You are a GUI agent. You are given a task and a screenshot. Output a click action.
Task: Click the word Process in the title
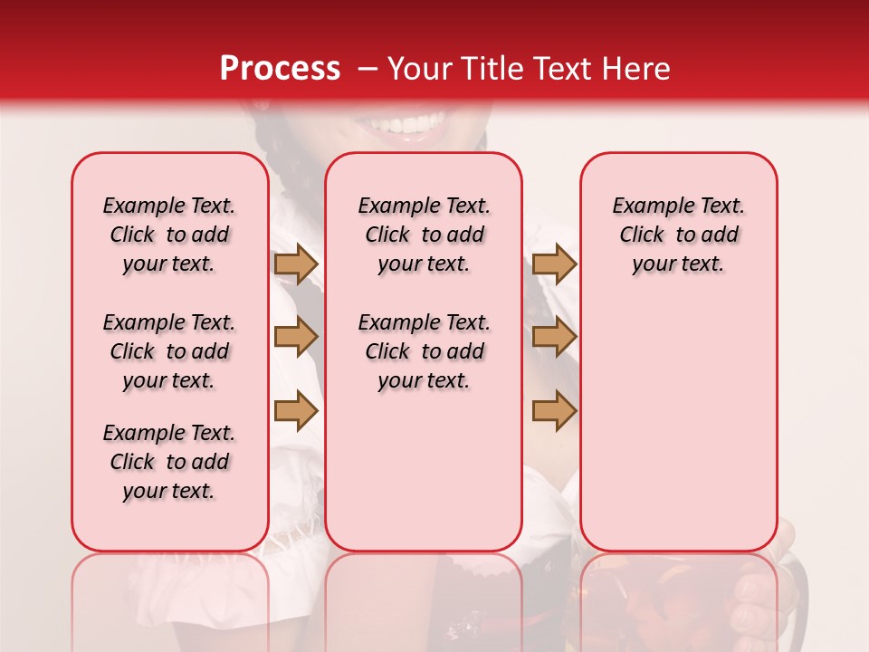280,69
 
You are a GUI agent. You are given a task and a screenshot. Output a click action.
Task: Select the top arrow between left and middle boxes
296,264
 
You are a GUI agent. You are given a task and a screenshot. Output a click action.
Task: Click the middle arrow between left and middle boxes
296,337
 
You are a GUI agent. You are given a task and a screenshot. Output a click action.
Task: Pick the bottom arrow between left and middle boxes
296,410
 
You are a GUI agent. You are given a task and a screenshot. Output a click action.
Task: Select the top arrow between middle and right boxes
554,264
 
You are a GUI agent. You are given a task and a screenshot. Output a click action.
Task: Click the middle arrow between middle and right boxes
554,337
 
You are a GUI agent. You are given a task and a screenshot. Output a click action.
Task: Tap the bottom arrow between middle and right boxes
554,410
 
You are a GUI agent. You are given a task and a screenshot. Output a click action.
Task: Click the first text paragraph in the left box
169,235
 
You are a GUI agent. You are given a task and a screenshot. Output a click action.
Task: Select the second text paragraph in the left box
169,351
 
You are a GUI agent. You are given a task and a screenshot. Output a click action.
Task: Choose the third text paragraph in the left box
169,462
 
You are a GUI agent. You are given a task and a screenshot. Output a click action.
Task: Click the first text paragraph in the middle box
424,235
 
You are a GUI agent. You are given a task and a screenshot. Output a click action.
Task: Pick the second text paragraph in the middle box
424,351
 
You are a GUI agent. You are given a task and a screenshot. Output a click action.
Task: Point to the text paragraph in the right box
678,235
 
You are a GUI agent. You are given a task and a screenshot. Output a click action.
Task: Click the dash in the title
368,69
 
